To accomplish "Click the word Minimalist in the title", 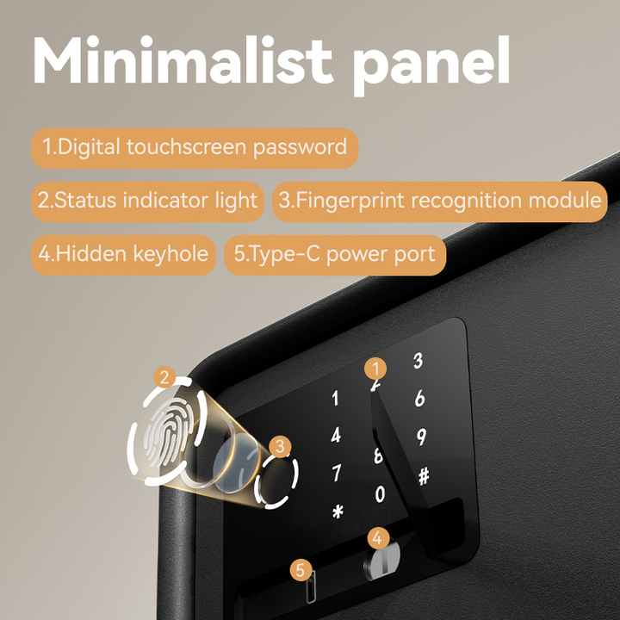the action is click(183, 59).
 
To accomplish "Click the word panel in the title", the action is click(431, 65).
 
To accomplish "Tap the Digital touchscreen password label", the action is click(195, 148).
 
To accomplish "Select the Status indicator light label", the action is click(147, 201).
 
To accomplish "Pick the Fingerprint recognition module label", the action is click(440, 201).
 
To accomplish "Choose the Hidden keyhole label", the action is click(123, 255).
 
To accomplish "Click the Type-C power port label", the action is click(335, 255).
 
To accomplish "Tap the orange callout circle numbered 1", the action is click(375, 369).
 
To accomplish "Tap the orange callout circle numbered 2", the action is click(164, 377).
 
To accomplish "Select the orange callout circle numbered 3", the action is click(280, 447).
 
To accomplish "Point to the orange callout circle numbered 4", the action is click(378, 538).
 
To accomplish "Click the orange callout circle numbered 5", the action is click(301, 570).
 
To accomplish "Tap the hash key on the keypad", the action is click(424, 475).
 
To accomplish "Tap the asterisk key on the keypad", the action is click(338, 512).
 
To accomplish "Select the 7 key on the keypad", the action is click(336, 473).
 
